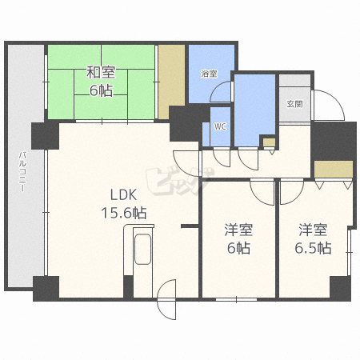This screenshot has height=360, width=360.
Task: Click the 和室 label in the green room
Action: [101, 73]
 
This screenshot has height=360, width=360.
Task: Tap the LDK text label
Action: [123, 194]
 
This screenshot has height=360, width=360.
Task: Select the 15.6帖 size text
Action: [124, 213]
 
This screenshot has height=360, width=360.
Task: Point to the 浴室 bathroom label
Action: [209, 74]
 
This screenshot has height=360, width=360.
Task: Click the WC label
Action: [220, 126]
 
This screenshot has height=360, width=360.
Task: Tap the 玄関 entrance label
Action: [295, 104]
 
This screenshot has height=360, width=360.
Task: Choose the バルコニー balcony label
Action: [22, 171]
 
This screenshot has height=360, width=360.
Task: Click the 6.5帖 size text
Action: [313, 248]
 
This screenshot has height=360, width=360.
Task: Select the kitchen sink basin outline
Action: [142, 250]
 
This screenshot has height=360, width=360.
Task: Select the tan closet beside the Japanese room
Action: [172, 82]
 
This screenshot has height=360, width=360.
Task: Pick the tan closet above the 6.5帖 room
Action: [334, 169]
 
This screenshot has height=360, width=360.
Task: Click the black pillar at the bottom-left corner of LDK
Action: [46, 289]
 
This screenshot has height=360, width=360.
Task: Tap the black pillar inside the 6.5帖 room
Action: [340, 288]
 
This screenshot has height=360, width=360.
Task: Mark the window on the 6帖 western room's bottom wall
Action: [236, 299]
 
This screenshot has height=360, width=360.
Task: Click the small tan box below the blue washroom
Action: [269, 142]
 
